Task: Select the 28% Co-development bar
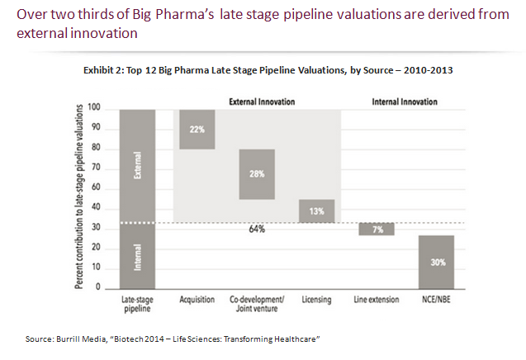[257, 174]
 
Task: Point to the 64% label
[257, 229]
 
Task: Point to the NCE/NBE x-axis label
[437, 300]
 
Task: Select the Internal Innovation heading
[405, 102]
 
